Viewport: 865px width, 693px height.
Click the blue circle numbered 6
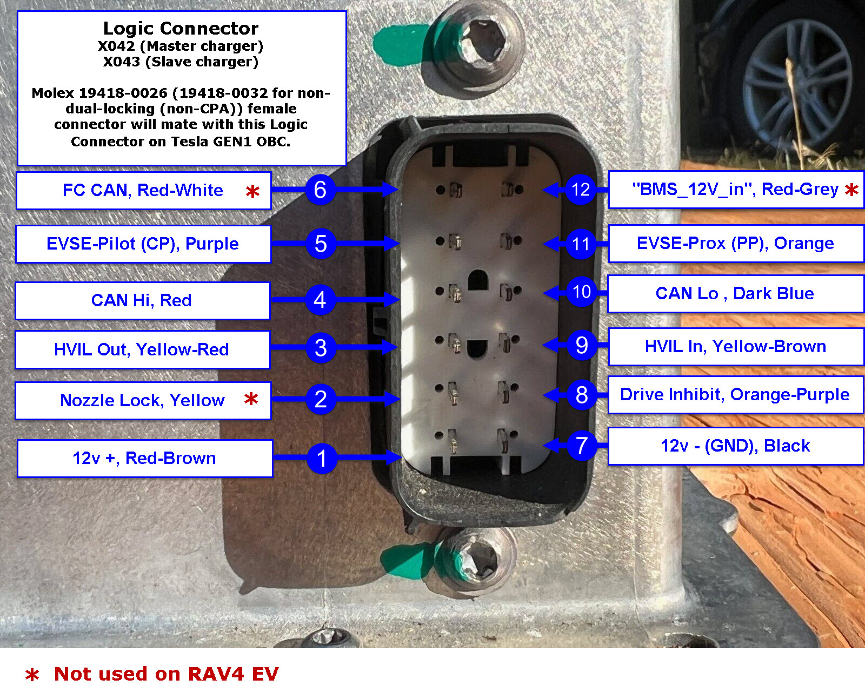tap(320, 189)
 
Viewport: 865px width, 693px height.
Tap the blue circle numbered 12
tap(581, 189)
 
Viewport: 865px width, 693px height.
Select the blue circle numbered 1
tap(322, 457)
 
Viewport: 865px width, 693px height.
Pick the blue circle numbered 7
tap(582, 445)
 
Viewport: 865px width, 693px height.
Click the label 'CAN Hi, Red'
tap(142, 300)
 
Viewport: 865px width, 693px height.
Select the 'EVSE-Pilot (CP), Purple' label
tap(143, 244)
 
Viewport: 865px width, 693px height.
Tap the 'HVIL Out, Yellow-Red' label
tap(142, 349)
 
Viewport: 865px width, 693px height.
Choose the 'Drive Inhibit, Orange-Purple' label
tap(735, 394)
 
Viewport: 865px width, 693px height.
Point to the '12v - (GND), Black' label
tap(735, 446)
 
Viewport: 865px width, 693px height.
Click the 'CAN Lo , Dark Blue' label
tap(735, 293)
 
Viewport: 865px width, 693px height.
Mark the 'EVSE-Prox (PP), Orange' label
tap(735, 244)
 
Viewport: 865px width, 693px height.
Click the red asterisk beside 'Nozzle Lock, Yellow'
tap(251, 399)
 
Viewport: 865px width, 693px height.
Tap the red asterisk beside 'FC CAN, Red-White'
tap(252, 191)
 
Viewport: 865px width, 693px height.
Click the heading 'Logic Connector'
tap(181, 29)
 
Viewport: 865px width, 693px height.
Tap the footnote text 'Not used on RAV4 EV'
tap(166, 674)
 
